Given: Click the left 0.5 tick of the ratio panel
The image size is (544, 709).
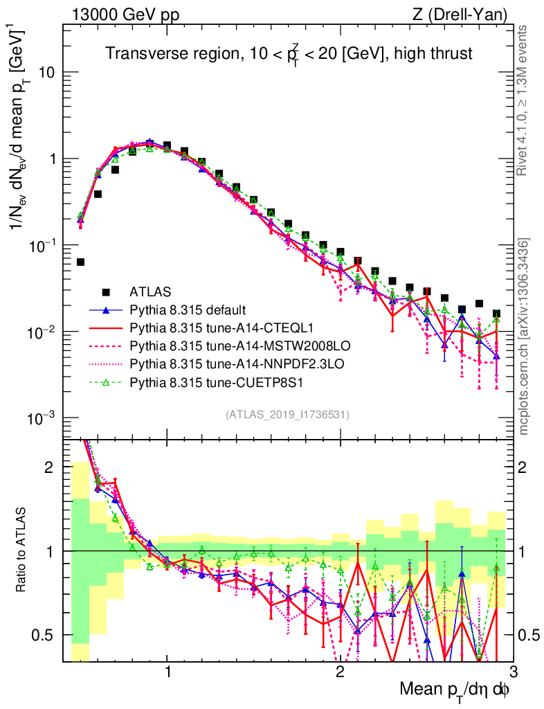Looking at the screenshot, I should click(x=48, y=635).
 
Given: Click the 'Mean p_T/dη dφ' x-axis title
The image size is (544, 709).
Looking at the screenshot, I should click(x=456, y=690).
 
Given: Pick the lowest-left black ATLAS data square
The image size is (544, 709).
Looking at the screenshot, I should click(x=80, y=262).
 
